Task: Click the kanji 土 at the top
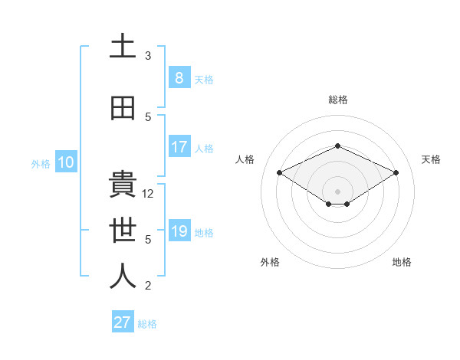tap(123, 47)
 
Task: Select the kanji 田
tap(123, 108)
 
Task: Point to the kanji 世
tap(123, 231)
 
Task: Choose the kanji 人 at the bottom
tap(123, 277)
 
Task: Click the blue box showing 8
tap(179, 78)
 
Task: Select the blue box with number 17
tap(179, 147)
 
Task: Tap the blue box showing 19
tap(179, 231)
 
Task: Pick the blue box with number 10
tap(65, 162)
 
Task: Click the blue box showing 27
tap(122, 322)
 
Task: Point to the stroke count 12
tap(149, 194)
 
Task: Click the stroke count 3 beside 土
tap(148, 56)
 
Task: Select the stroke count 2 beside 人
tap(148, 286)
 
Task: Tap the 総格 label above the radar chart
tap(337, 100)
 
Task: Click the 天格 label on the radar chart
tap(431, 159)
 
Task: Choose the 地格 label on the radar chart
tap(402, 262)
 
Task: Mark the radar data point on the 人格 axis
tap(279, 172)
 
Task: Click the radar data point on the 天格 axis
tap(396, 172)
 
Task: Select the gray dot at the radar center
tap(337, 191)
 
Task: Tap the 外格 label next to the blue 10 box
tap(40, 163)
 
